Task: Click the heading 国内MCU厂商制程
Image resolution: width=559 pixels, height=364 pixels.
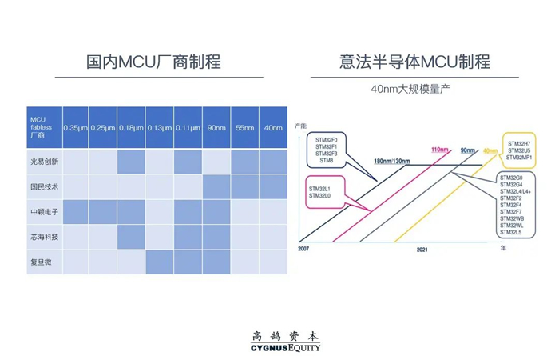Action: point(153,62)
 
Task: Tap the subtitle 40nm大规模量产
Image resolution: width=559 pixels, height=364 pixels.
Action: point(410,89)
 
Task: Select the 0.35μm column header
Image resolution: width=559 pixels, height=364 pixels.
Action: point(76,128)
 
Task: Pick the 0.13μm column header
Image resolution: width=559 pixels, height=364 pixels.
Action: point(160,128)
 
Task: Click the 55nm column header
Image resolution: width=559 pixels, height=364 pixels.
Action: point(244,128)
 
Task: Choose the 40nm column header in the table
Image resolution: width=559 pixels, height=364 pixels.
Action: point(272,128)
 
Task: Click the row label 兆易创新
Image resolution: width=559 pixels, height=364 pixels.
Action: point(39,162)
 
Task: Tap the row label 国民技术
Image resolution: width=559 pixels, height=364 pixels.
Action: point(39,186)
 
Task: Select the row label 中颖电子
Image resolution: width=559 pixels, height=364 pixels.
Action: point(39,212)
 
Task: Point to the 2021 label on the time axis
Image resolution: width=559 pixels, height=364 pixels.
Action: point(423,250)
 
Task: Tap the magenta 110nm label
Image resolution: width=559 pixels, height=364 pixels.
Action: point(439,150)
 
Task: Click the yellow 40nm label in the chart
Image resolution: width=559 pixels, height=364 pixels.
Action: point(490,150)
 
